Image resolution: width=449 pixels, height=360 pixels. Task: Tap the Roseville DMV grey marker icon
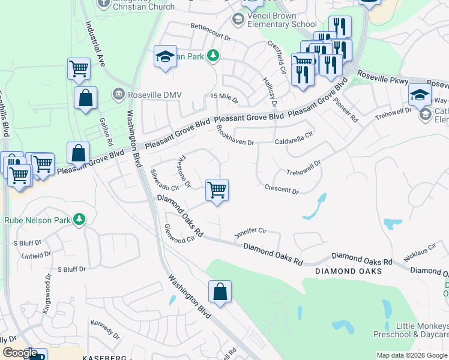118,94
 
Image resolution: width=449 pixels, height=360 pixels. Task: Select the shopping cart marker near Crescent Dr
217,190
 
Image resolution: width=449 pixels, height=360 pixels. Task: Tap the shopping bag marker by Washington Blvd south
220,292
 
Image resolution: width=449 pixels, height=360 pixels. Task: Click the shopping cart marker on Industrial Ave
79,69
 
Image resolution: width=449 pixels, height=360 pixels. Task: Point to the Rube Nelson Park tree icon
79,220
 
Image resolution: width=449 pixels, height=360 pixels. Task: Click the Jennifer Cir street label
250,231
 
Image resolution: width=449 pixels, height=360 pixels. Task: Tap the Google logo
20,353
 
